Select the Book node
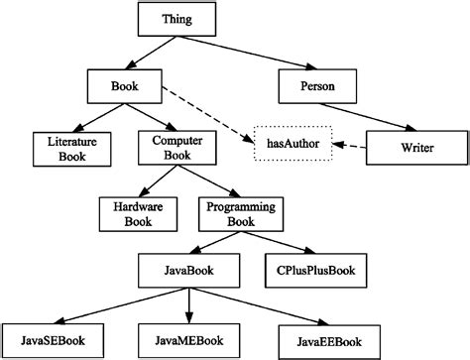124,86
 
